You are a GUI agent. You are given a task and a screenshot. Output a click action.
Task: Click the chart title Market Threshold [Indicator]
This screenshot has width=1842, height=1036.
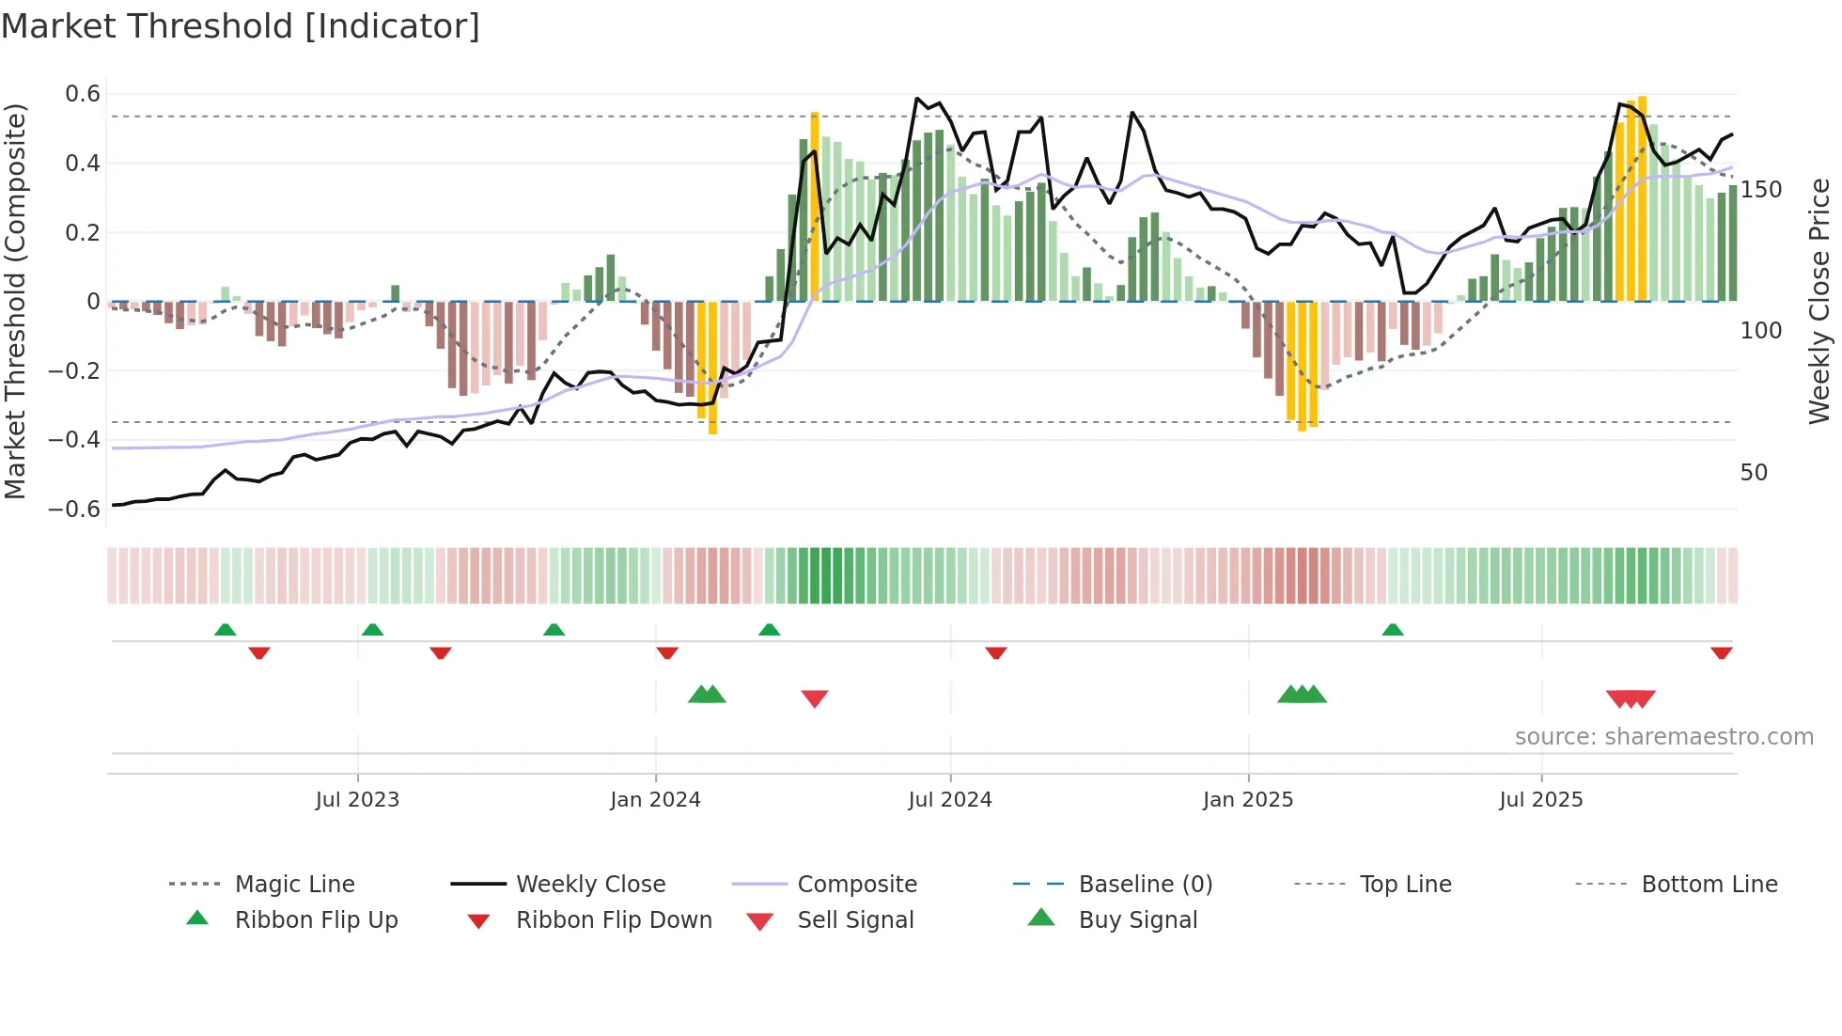click(241, 26)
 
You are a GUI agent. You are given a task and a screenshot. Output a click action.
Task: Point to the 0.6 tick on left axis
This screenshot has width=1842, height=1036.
click(83, 94)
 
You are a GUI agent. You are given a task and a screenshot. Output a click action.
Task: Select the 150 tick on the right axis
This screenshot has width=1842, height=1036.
click(1760, 190)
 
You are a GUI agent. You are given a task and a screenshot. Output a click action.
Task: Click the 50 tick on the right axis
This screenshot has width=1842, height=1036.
click(1754, 473)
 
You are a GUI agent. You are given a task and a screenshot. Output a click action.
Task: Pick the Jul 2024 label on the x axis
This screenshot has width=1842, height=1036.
click(949, 800)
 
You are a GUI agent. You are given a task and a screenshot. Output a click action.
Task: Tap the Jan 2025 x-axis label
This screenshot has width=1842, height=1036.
click(1247, 800)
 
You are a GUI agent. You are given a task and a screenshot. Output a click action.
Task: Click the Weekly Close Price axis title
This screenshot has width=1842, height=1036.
click(1819, 301)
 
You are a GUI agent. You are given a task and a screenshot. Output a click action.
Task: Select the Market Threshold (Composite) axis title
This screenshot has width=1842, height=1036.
click(15, 301)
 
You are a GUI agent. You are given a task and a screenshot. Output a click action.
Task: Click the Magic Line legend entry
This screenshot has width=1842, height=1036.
click(294, 885)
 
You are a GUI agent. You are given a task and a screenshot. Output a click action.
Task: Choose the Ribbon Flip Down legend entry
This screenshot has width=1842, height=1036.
click(614, 920)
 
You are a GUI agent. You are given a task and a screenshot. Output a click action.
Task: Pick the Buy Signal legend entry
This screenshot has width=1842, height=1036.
click(1137, 920)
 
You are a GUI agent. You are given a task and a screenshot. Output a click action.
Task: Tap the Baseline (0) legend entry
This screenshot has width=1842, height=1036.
click(1145, 885)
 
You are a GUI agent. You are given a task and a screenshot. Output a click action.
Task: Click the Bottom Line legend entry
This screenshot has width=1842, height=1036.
click(1709, 885)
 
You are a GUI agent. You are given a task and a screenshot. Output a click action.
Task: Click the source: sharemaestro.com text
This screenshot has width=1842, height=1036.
click(1663, 737)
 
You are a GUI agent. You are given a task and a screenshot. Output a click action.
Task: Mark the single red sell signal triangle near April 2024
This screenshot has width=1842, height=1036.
click(815, 699)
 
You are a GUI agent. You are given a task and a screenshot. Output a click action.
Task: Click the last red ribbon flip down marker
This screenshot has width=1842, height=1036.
click(1721, 652)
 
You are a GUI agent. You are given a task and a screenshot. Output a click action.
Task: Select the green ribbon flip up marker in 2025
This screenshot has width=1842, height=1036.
click(1393, 630)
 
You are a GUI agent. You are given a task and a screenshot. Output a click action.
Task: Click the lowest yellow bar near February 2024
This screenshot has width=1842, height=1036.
click(712, 367)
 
